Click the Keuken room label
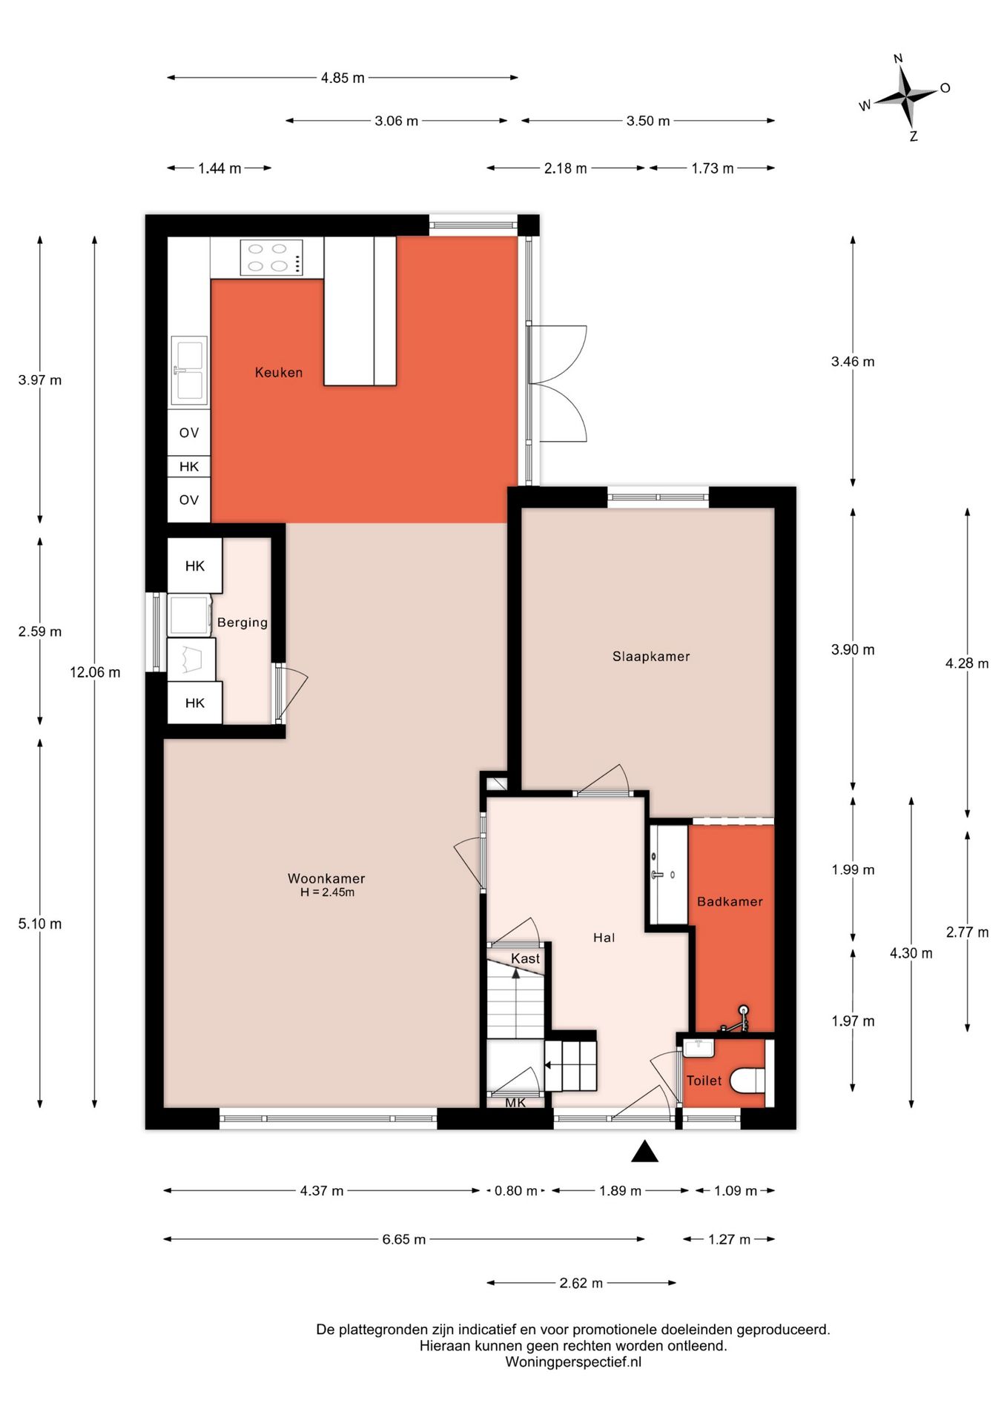279,372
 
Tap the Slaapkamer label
651,656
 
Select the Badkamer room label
730,901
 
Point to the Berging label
242,623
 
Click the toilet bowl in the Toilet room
747,1080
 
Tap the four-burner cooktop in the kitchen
271,257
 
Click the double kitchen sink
189,369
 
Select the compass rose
905,96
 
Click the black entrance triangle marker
645,1151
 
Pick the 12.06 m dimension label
95,672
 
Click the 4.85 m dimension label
343,78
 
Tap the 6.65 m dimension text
404,1239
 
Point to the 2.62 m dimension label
581,1283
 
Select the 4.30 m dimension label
911,953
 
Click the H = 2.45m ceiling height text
327,892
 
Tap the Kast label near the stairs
525,958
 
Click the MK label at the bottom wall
515,1103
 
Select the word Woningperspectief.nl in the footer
573,1361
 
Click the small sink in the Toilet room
698,1048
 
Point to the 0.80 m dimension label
516,1191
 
